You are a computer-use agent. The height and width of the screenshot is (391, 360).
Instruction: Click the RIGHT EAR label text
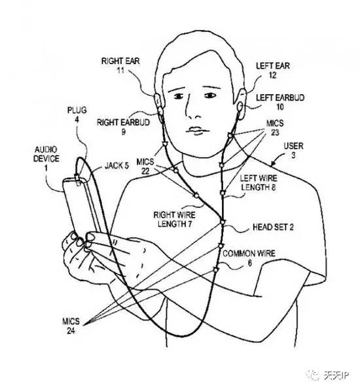120,61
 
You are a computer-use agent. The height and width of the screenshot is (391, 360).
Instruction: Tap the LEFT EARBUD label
280,97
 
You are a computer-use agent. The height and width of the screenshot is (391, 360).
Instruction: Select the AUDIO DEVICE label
46,154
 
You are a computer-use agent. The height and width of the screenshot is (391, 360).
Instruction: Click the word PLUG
77,110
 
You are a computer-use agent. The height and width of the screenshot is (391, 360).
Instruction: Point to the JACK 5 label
117,165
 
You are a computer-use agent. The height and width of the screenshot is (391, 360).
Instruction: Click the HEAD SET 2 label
273,227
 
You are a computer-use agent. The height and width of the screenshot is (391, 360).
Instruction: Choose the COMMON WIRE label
249,254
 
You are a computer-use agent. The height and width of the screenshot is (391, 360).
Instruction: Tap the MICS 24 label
71,326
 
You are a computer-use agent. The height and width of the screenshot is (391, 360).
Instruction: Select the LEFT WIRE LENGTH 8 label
259,183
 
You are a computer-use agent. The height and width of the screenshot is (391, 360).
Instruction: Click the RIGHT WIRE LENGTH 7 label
174,220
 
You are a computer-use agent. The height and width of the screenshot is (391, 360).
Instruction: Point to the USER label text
294,146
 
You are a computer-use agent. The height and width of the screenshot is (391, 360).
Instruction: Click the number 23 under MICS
275,133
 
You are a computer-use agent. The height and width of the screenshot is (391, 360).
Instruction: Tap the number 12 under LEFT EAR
273,75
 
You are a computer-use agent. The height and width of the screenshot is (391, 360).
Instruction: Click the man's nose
193,110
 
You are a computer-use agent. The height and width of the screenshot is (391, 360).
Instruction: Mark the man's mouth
197,130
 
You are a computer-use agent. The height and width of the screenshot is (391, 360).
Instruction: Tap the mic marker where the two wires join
223,222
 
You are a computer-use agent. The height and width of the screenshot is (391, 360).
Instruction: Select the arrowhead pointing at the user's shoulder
273,164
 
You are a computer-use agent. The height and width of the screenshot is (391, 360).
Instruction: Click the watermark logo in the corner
313,375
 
